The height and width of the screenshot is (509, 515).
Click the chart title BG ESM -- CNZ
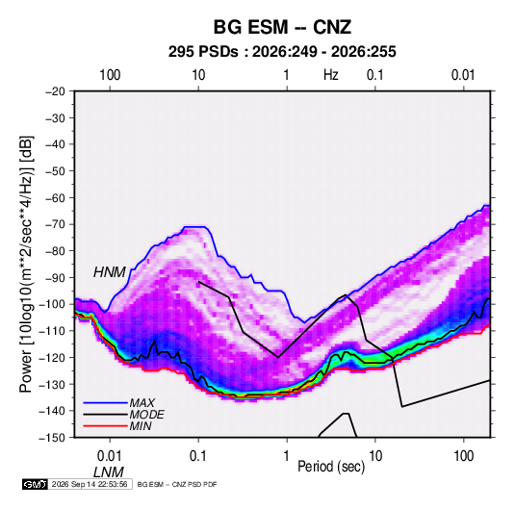[x=282, y=27]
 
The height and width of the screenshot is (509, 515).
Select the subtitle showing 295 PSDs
[x=282, y=52]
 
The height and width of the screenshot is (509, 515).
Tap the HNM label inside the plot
[x=110, y=272]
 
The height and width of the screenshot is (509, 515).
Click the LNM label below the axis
[x=109, y=472]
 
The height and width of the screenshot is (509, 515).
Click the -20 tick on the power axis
[x=55, y=91]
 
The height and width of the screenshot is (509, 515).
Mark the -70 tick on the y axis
[x=55, y=224]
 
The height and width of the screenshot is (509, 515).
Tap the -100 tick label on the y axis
[x=53, y=304]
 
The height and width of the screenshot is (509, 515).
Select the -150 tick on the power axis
[x=53, y=438]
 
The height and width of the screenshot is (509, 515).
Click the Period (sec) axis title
[x=331, y=467]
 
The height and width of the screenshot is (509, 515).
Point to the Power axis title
[x=26, y=264]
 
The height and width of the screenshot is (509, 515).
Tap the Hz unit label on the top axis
[x=331, y=75]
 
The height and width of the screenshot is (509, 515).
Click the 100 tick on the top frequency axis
[x=110, y=75]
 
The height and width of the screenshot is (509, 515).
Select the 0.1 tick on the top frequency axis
[x=375, y=75]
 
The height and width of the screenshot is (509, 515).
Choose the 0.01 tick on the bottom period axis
[x=110, y=456]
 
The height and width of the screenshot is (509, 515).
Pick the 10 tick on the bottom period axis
[x=375, y=456]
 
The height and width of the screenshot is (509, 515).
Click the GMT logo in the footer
[x=35, y=484]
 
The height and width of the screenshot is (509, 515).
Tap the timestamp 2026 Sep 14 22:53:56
[x=90, y=484]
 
